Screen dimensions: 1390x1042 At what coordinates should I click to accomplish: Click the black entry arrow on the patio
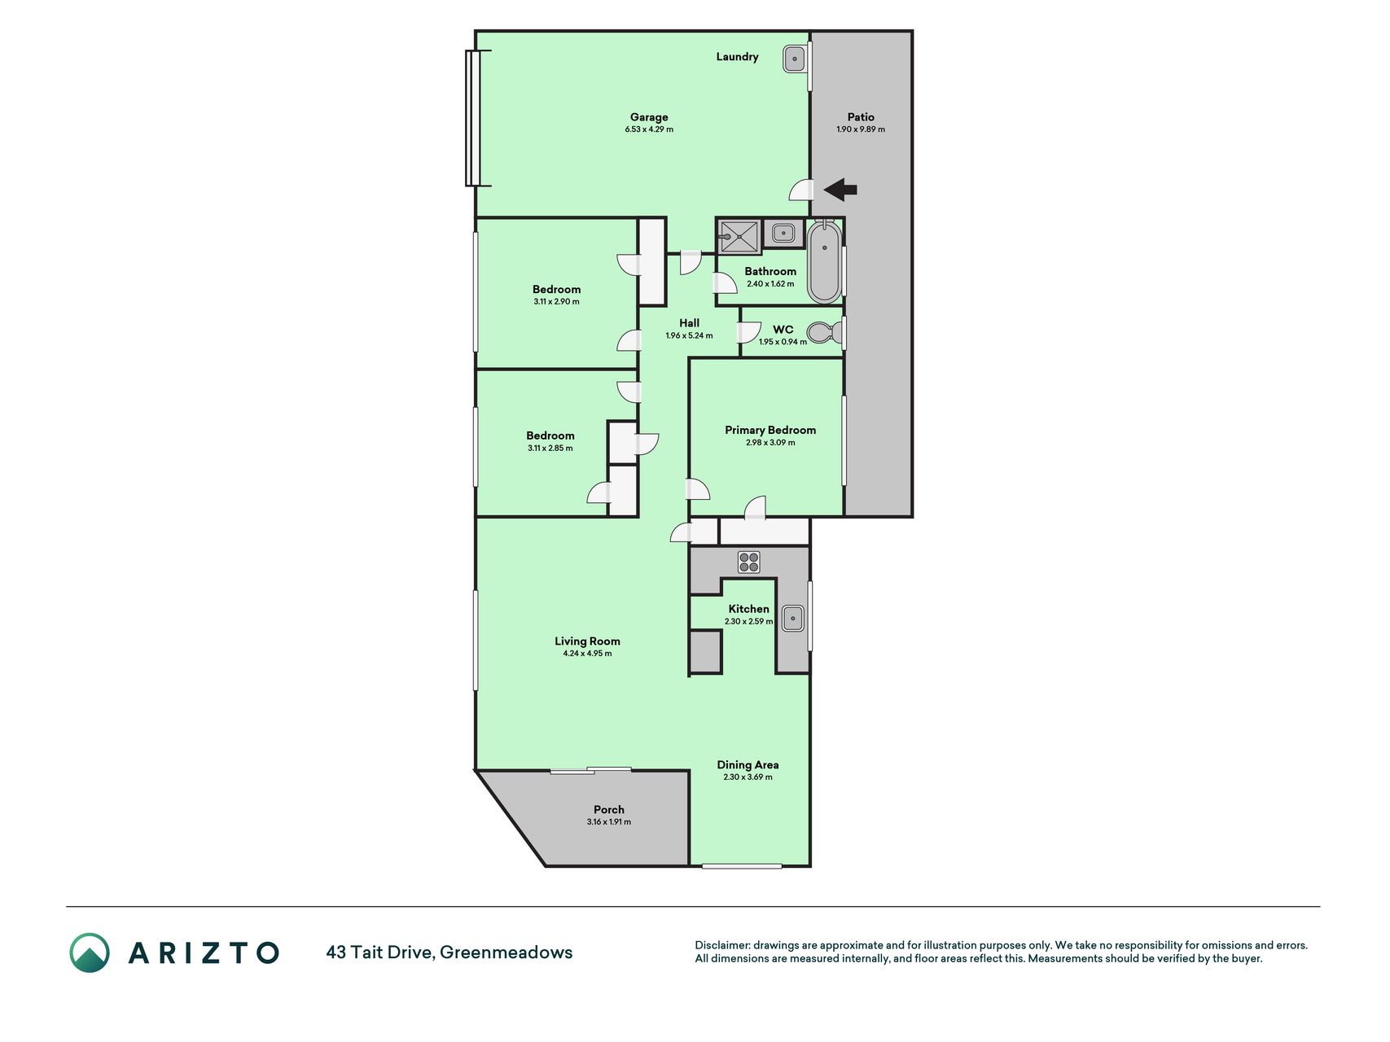[x=840, y=190]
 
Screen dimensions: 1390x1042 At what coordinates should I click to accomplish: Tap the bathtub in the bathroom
[x=824, y=261]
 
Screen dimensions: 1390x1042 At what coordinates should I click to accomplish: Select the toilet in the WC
[x=825, y=332]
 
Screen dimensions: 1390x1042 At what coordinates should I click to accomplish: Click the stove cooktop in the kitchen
[x=749, y=562]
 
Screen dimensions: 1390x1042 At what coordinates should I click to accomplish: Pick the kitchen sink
[x=793, y=618]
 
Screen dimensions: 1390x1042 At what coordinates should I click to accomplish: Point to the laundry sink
[x=795, y=59]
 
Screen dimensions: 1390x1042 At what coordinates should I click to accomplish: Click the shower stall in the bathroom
[x=739, y=237]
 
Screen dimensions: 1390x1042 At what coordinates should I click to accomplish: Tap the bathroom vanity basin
[x=783, y=234]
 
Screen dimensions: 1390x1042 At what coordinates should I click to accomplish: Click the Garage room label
[x=649, y=117]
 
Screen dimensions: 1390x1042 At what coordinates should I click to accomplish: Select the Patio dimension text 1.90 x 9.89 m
[x=861, y=129]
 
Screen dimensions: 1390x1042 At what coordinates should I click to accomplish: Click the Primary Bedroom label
[x=770, y=430]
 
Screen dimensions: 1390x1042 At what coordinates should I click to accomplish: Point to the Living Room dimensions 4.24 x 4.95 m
[x=587, y=653]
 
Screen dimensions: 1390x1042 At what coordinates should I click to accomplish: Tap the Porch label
[x=609, y=809]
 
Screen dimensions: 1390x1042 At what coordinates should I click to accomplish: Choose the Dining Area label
[x=748, y=764]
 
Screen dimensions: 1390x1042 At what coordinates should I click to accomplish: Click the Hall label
[x=689, y=323]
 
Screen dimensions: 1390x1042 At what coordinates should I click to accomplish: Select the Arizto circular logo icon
[x=90, y=952]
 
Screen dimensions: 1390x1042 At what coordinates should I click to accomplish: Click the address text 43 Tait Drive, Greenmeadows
[x=449, y=952]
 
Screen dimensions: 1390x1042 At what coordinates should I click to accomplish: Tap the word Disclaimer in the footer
[x=722, y=945]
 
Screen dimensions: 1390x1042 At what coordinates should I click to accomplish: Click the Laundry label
[x=737, y=57]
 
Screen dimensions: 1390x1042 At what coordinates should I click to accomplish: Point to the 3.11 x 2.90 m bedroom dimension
[x=557, y=301]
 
